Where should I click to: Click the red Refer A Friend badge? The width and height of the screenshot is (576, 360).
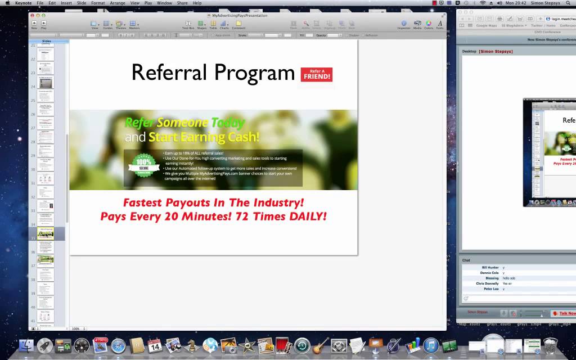pyautogui.click(x=316, y=74)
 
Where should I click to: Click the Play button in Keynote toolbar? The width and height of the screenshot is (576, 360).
pyautogui.click(x=43, y=24)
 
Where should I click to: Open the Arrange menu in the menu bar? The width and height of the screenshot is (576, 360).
pyautogui.click(x=118, y=3)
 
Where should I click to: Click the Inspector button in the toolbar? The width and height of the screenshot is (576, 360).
pyautogui.click(x=404, y=24)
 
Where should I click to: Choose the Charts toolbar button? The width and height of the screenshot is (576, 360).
pyautogui.click(x=224, y=24)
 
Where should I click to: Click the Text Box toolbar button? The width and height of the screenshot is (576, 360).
pyautogui.click(x=188, y=24)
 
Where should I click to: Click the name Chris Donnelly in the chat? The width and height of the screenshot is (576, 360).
pyautogui.click(x=487, y=283)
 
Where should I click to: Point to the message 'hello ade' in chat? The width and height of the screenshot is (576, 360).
pyautogui.click(x=509, y=278)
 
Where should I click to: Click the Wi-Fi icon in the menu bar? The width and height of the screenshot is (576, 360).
pyautogui.click(x=482, y=3)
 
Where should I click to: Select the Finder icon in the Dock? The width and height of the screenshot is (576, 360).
pyautogui.click(x=26, y=345)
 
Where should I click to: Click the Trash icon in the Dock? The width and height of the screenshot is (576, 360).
pyautogui.click(x=551, y=345)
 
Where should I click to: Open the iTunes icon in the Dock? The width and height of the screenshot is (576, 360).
pyautogui.click(x=431, y=345)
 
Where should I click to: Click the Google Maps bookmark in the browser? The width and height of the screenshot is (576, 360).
pyautogui.click(x=486, y=25)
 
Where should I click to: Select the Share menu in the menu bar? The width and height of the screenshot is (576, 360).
pyautogui.click(x=182, y=3)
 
